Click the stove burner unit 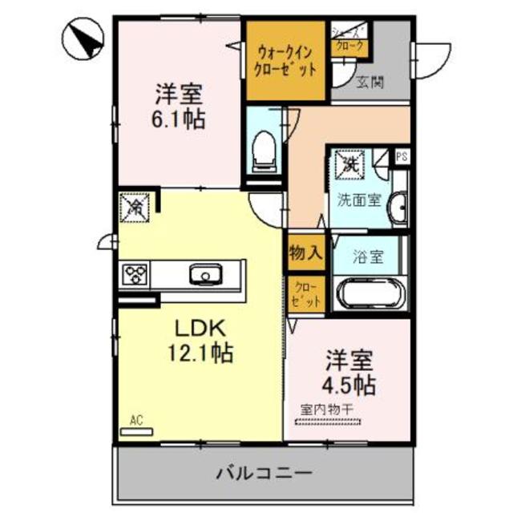click(x=135, y=275)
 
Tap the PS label click(x=402, y=157)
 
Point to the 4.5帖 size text click(x=349, y=383)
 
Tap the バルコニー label click(x=262, y=472)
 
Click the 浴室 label click(x=369, y=258)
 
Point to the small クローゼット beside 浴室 click(x=307, y=294)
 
